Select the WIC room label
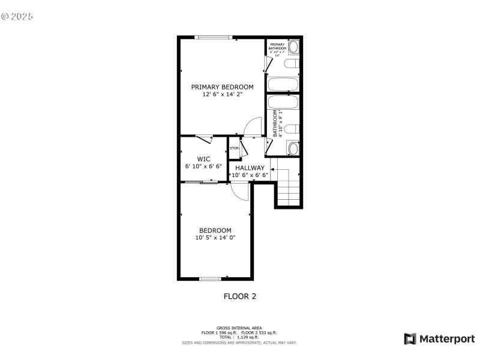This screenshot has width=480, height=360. click(x=203, y=159)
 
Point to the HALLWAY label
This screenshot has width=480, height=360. click(x=250, y=168)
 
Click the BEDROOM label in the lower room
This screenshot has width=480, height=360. click(x=215, y=230)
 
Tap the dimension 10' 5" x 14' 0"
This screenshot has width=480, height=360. click(x=215, y=238)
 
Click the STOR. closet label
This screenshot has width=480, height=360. click(x=234, y=148)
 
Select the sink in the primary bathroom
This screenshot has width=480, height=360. click(x=293, y=47)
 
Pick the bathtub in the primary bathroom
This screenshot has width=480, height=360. click(x=283, y=84)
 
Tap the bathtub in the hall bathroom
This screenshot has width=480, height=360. click(x=283, y=103)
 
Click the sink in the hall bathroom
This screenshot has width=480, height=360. click(x=293, y=148)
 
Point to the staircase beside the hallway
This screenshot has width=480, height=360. click(x=288, y=186)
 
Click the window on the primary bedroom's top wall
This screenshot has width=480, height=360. click(x=214, y=38)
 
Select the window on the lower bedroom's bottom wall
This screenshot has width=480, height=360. click(x=210, y=278)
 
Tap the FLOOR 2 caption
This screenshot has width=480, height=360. click(x=240, y=296)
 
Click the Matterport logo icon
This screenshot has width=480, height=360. click(x=410, y=339)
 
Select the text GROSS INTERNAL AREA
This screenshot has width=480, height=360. click(x=239, y=328)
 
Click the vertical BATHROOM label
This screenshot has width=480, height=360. click(x=275, y=124)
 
